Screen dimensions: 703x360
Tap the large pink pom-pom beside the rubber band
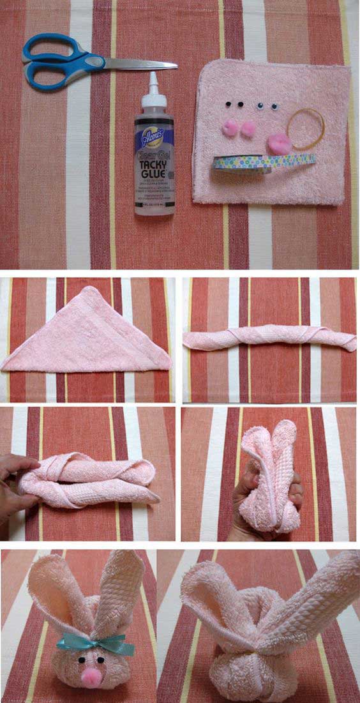[278, 142]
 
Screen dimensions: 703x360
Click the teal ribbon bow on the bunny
[89, 640]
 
